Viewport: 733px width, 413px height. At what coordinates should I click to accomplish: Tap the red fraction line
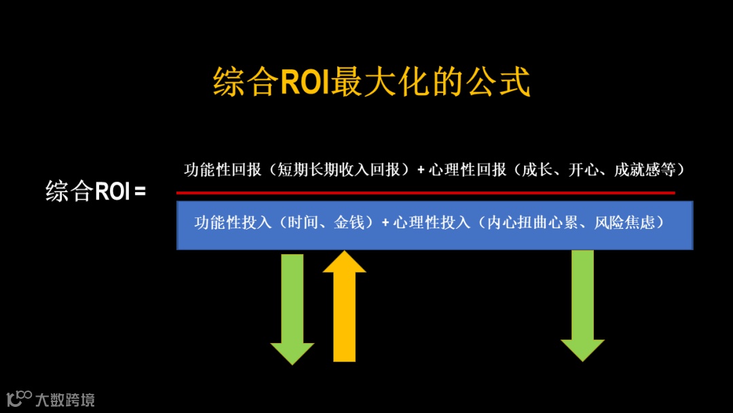(x=426, y=193)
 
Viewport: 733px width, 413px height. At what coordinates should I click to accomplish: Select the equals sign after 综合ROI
(x=140, y=191)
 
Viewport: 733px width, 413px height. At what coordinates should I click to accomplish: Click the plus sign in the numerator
(x=421, y=170)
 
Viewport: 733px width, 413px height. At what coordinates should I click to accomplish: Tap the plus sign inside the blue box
(x=386, y=222)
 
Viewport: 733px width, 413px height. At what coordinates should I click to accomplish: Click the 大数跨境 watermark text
(x=65, y=399)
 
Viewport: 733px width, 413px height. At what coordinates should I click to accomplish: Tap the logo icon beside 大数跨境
(x=19, y=398)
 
